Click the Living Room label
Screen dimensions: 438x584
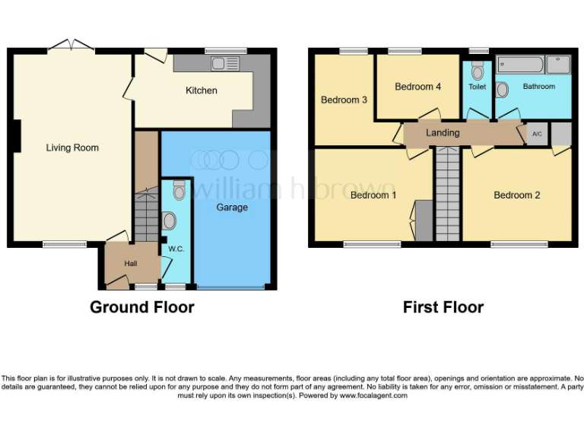pyautogui.click(x=72, y=148)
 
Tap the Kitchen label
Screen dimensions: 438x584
pyautogui.click(x=202, y=90)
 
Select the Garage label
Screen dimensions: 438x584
pyautogui.click(x=232, y=207)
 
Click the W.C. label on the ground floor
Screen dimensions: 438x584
pyautogui.click(x=176, y=249)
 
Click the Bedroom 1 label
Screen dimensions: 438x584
pyautogui.click(x=373, y=195)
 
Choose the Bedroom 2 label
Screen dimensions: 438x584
pyautogui.click(x=517, y=195)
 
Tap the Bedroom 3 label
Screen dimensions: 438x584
pyautogui.click(x=344, y=100)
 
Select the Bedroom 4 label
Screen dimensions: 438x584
pyautogui.click(x=417, y=87)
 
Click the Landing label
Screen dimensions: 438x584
pyautogui.click(x=443, y=133)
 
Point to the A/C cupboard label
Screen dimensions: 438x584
pyautogui.click(x=537, y=134)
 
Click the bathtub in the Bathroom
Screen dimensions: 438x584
pyautogui.click(x=520, y=65)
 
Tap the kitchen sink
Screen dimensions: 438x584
pyautogui.click(x=226, y=64)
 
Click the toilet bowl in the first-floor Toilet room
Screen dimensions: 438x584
pyautogui.click(x=477, y=71)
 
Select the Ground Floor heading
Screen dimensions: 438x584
pyautogui.click(x=142, y=307)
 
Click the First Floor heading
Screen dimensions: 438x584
pyautogui.click(x=443, y=307)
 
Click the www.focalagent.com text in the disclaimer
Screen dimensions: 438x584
pyautogui.click(x=373, y=395)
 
